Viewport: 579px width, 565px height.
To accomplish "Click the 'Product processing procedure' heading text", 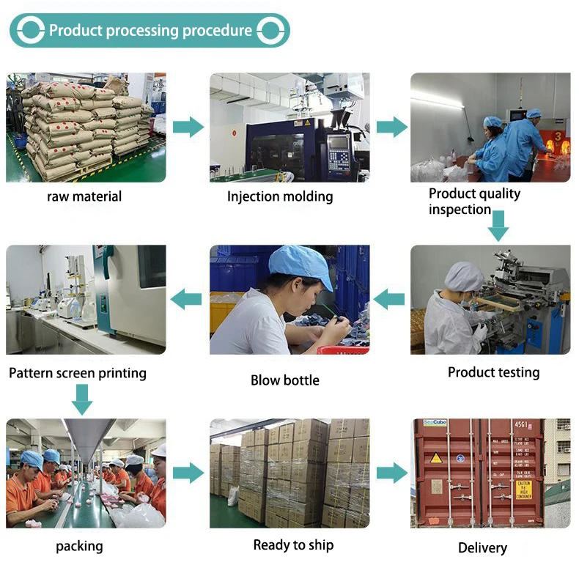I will coord(150,31).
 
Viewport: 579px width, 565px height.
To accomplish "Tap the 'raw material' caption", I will coord(84,196).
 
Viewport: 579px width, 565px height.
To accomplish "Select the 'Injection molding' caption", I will coord(280,196).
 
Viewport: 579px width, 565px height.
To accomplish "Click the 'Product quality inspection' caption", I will coord(474,202).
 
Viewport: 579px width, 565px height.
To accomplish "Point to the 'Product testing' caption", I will coord(493,372).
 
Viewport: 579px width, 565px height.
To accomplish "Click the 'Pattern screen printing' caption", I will coord(78,373).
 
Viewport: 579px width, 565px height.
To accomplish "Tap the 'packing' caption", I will coord(79,546).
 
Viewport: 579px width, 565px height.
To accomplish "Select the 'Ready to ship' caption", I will coord(293,544).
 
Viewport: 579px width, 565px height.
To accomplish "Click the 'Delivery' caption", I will coord(482,547).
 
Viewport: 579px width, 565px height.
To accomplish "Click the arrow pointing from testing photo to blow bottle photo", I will coord(389,298).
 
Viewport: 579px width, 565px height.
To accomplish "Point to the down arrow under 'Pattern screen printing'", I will coord(82,398).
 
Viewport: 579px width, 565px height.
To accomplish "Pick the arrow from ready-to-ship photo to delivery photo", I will coord(391,473).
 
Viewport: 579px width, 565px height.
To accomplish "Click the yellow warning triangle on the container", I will coord(436,458).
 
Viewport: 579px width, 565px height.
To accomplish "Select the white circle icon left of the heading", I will coord(30,31).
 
